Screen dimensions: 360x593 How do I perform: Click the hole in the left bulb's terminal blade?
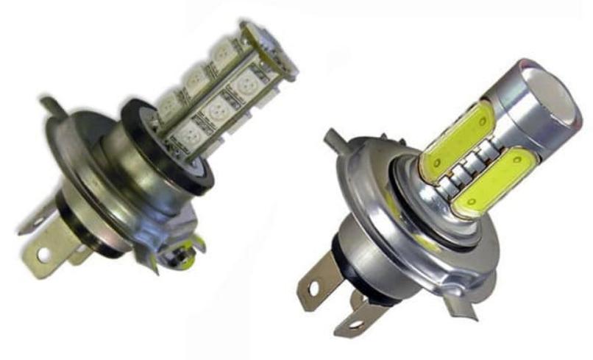click(x=42, y=255)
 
